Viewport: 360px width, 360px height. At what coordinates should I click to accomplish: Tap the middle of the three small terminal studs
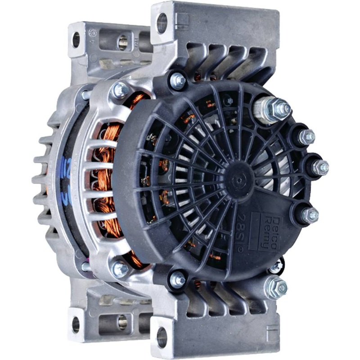(319, 167)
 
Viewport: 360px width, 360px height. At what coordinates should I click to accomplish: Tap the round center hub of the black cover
(237, 177)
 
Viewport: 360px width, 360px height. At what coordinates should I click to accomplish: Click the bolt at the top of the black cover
(178, 81)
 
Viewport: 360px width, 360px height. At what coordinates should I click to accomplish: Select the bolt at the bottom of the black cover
(178, 280)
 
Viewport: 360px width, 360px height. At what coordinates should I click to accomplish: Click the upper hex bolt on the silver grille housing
(121, 90)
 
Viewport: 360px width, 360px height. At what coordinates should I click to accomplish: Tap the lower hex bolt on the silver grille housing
(120, 269)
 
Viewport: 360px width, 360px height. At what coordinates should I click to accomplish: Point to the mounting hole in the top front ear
(162, 22)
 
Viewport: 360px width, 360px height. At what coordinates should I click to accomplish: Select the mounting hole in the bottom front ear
(162, 337)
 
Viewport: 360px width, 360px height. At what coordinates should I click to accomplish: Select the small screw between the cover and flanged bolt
(275, 266)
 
